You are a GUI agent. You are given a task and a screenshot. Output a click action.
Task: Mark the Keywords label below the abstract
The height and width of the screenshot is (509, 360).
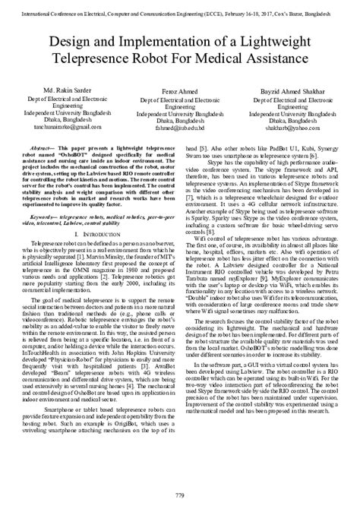[x=49, y=196]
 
